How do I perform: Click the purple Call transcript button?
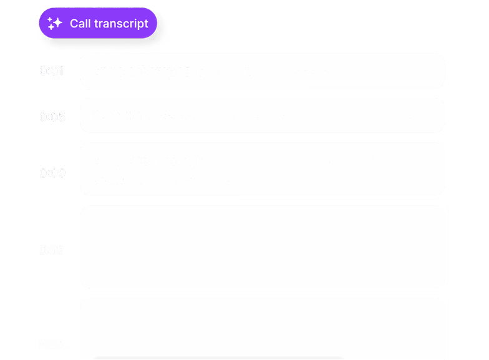pyautogui.click(x=98, y=23)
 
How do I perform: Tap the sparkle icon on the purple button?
pyautogui.click(x=55, y=23)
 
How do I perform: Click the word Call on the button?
pyautogui.click(x=80, y=23)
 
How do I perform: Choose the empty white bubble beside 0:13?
pyautogui.click(x=262, y=246)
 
